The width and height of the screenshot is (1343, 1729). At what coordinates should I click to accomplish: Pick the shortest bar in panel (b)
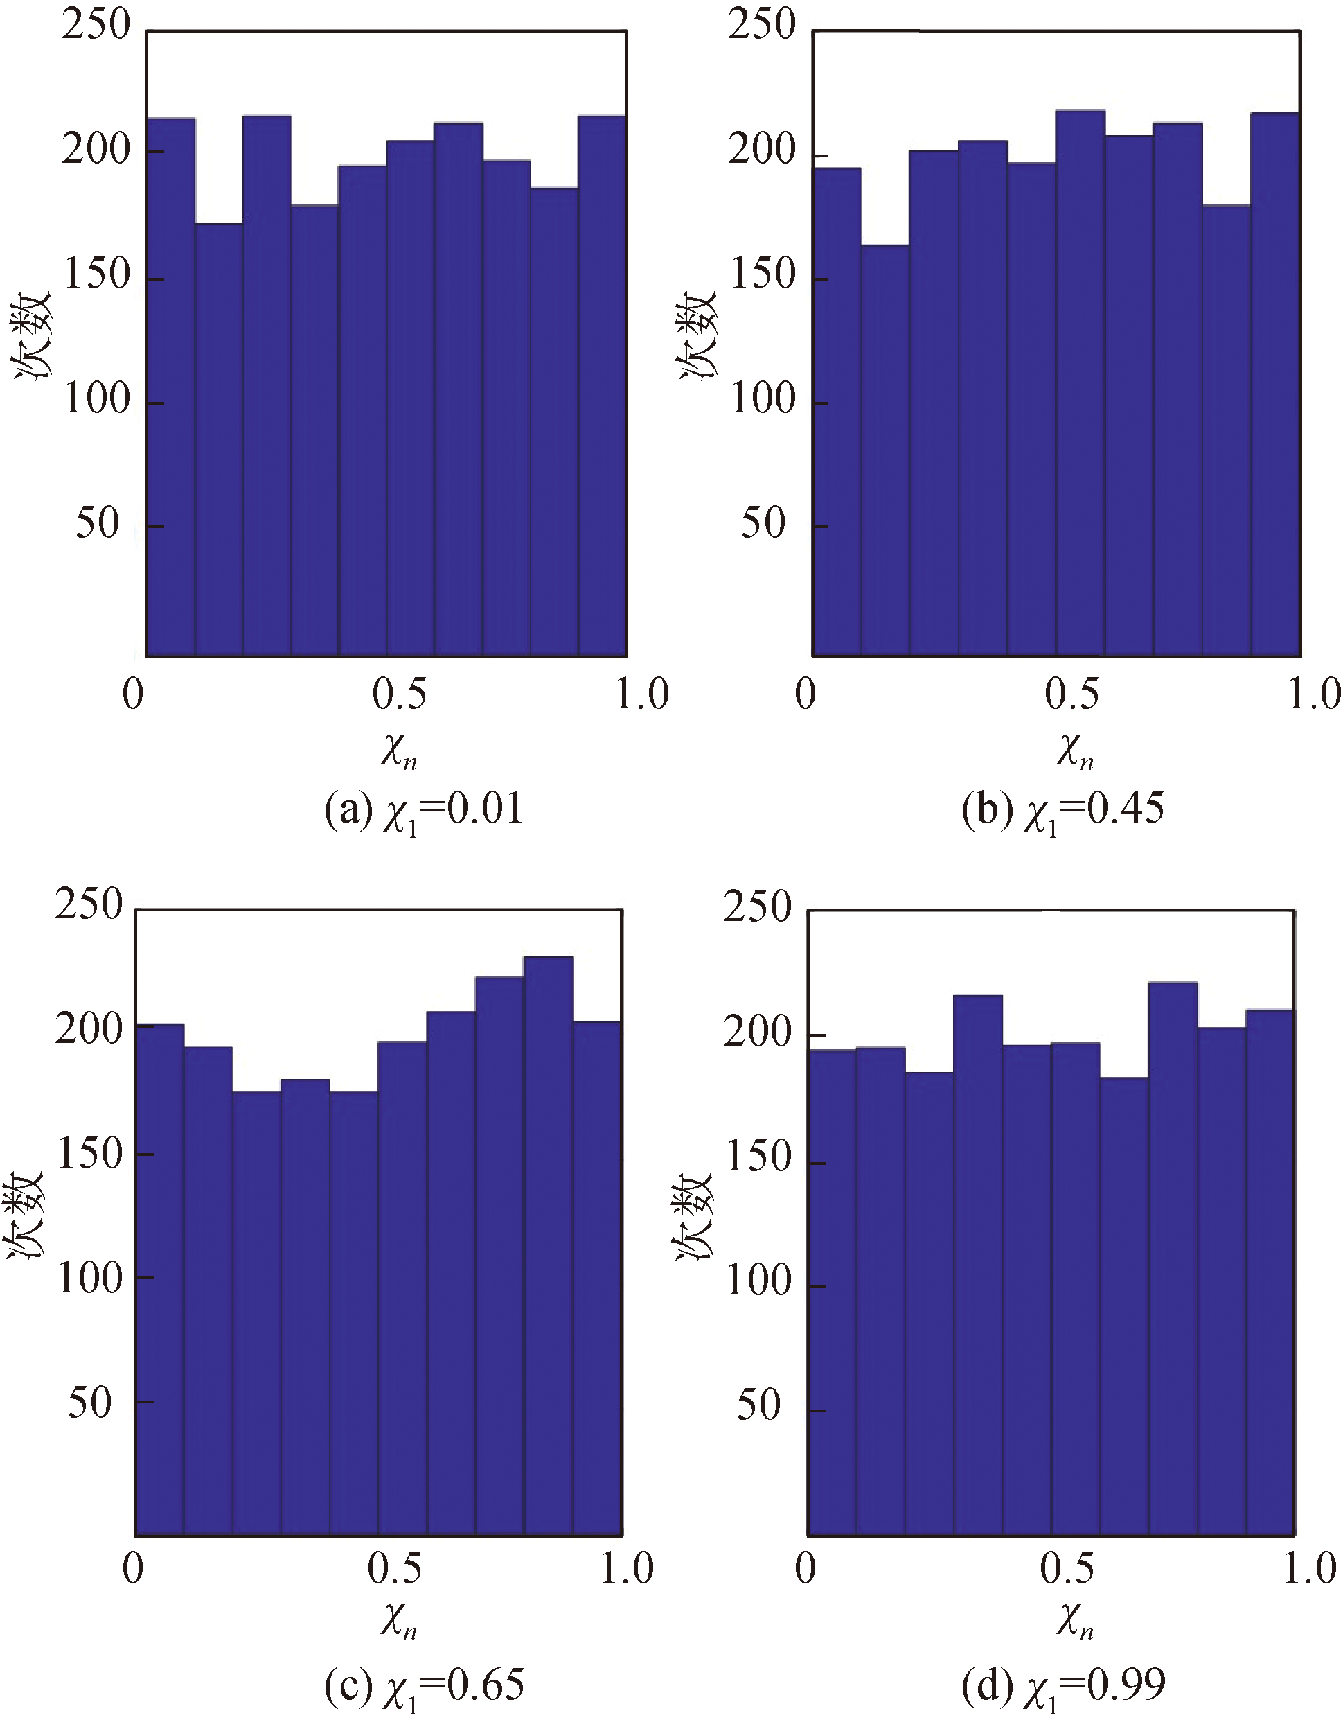(x=884, y=450)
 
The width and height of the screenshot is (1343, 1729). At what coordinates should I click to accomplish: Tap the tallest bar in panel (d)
(x=1172, y=1258)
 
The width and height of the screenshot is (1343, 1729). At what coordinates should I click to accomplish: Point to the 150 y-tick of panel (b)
(x=761, y=274)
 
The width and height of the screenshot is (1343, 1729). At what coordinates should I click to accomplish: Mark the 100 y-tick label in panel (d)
(x=758, y=1280)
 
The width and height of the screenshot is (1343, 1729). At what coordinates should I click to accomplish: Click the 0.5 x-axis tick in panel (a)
(x=399, y=694)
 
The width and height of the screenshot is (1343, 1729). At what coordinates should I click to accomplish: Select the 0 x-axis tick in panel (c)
(x=133, y=1568)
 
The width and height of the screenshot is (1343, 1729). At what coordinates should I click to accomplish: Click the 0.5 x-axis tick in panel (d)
(x=1067, y=1568)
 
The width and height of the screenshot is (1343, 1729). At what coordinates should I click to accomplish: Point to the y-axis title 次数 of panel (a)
(x=32, y=335)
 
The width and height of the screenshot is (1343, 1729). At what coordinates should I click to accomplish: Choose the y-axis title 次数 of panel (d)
(x=694, y=1215)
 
